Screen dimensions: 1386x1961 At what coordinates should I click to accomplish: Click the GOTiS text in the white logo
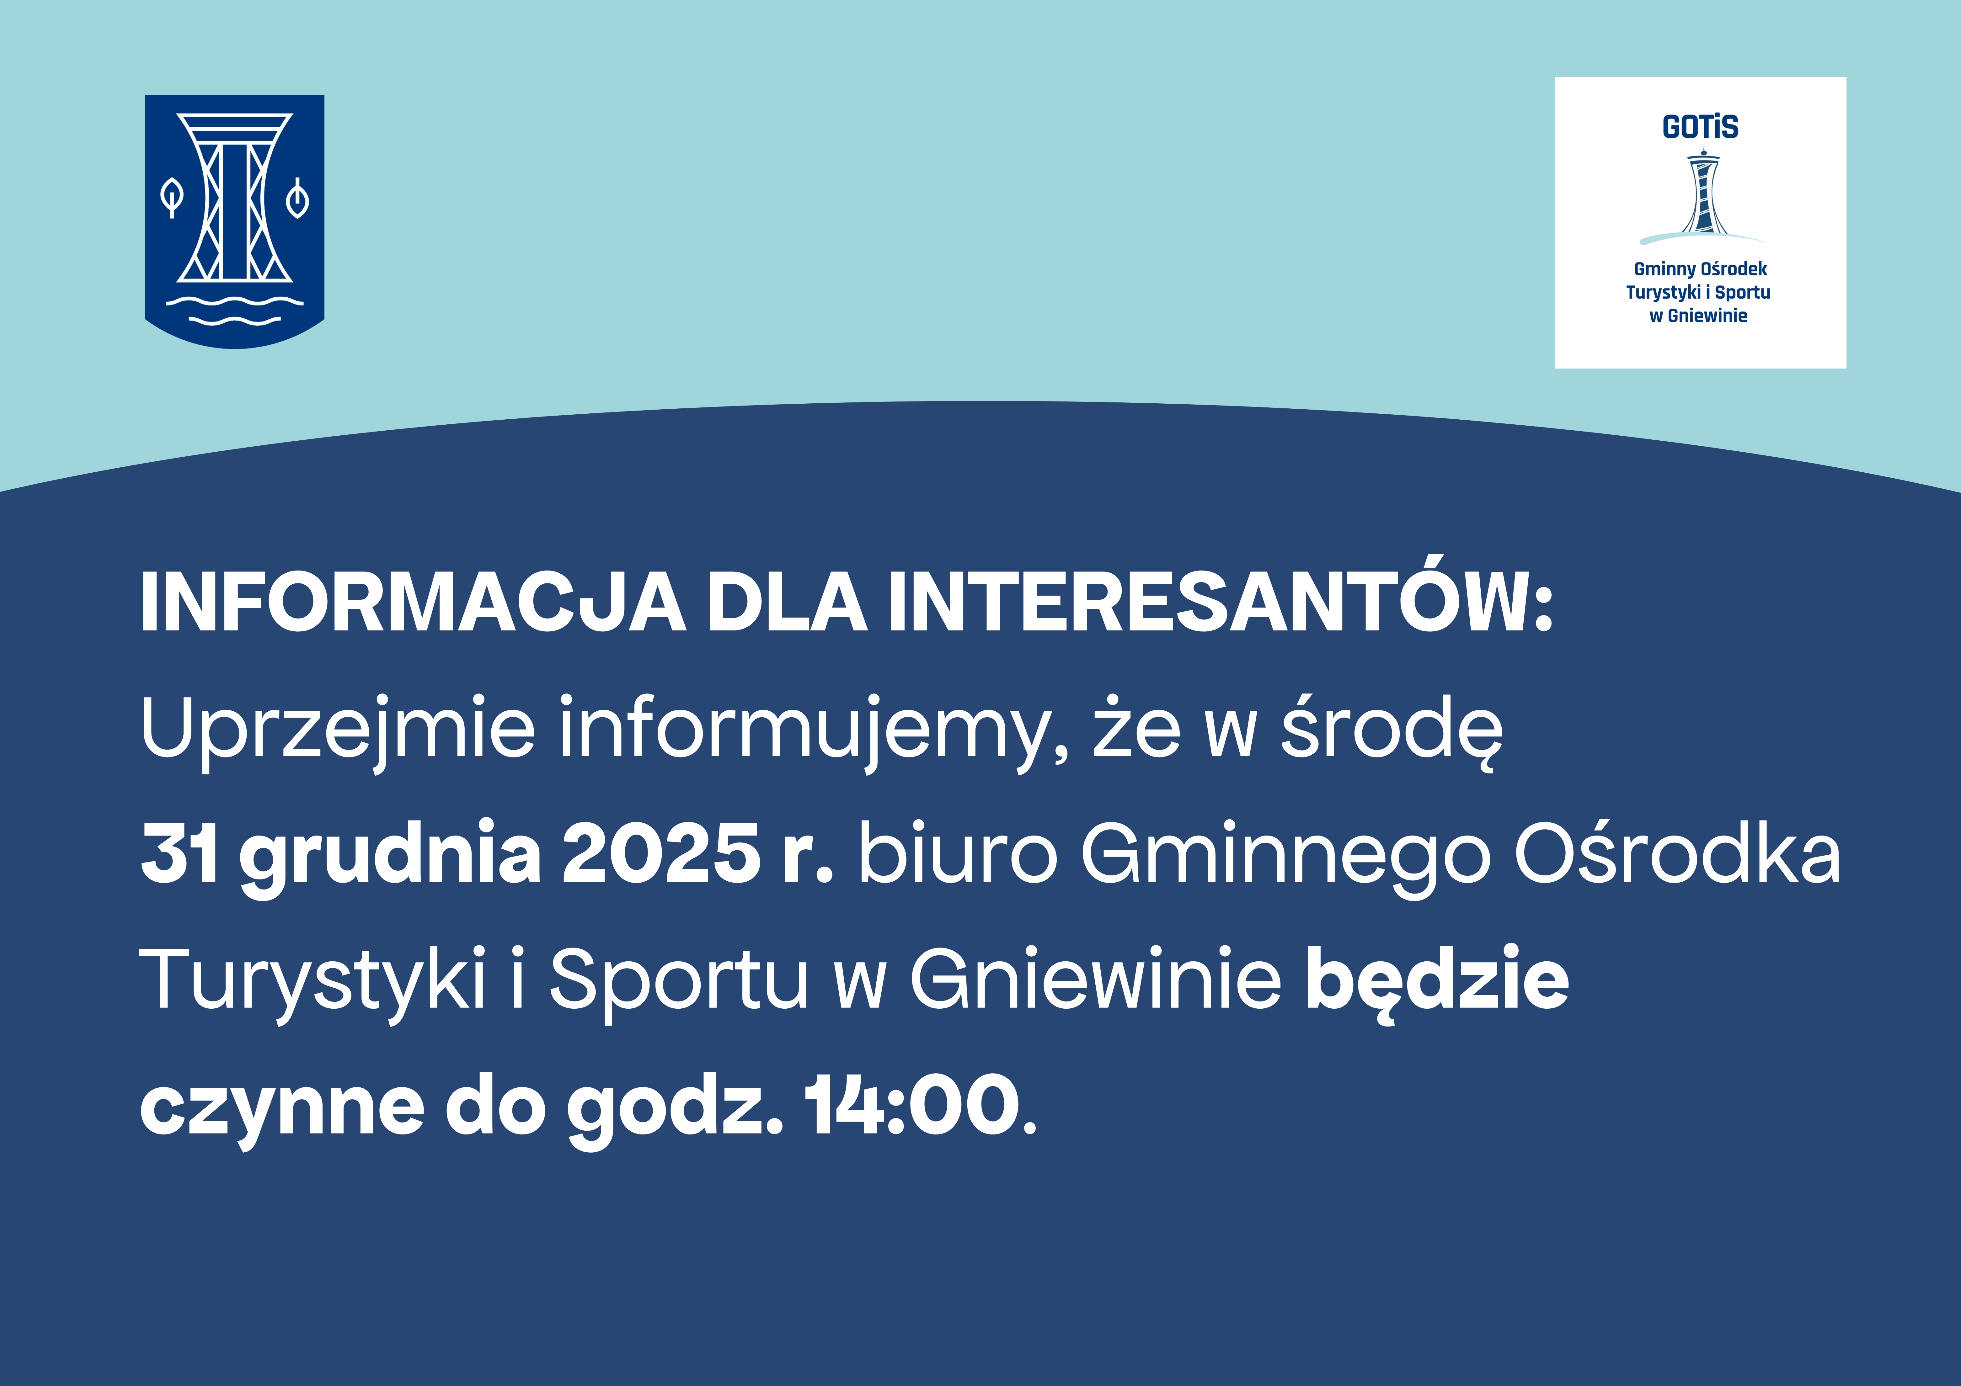click(x=1700, y=127)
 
